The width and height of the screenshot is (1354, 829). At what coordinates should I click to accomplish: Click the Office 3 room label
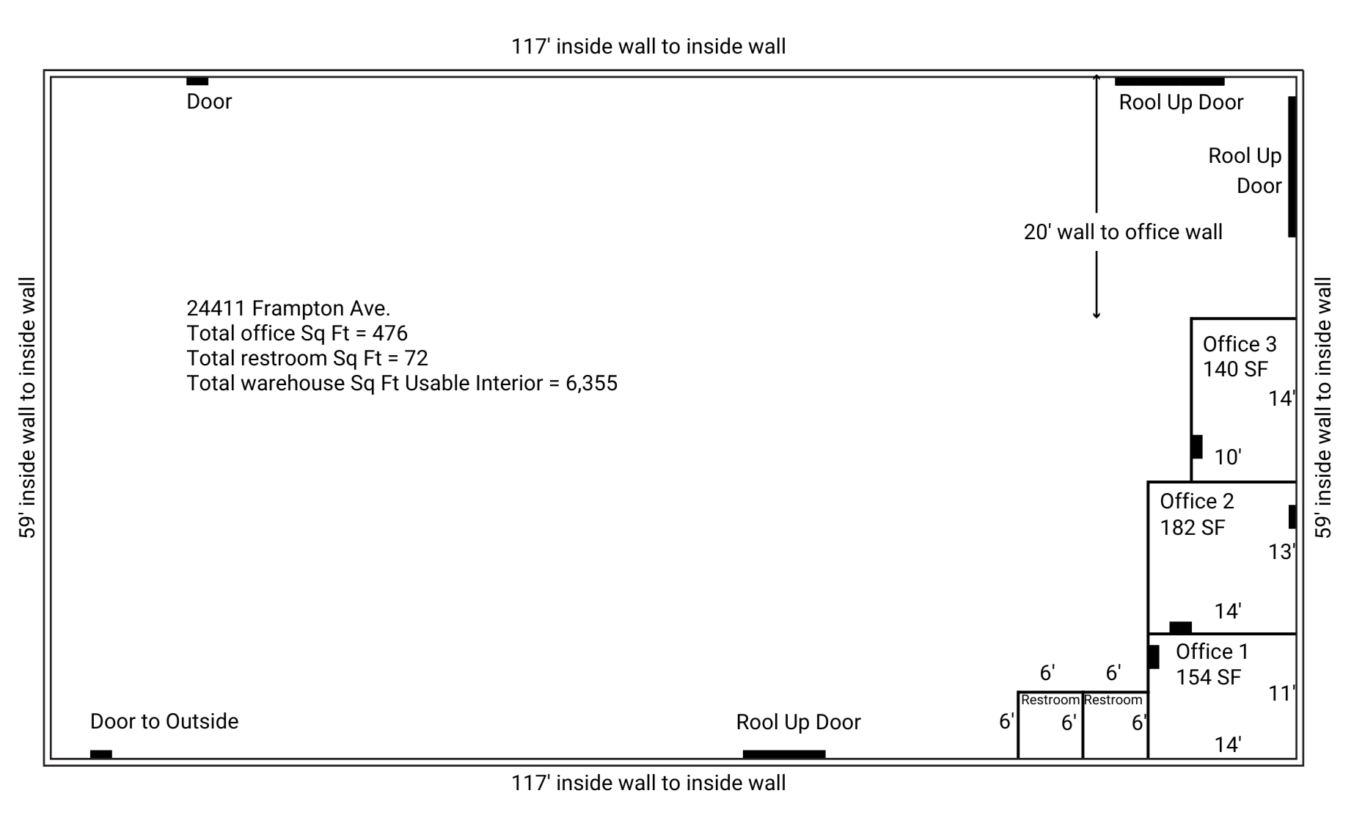(x=1239, y=344)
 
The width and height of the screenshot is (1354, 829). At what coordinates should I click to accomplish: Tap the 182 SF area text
(x=1192, y=527)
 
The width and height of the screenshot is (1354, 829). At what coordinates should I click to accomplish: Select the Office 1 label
(x=1212, y=651)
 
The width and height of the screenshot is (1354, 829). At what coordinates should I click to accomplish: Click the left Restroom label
(x=1050, y=700)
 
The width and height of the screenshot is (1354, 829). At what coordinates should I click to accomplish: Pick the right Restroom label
(x=1113, y=700)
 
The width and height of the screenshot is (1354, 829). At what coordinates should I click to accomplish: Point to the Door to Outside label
(x=164, y=721)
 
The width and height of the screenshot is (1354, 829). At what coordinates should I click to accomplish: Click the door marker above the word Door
(x=197, y=81)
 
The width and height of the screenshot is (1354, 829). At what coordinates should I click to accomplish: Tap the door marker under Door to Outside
(x=101, y=754)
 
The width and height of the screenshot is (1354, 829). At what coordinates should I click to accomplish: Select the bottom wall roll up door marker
(x=783, y=754)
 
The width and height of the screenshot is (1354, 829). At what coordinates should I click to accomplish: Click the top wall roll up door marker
(x=1169, y=81)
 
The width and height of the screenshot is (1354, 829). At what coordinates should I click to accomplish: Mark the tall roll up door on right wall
(x=1292, y=167)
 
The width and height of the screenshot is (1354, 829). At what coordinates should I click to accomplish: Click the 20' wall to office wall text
(x=1123, y=232)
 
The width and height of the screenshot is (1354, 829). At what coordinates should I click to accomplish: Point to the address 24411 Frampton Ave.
(x=288, y=308)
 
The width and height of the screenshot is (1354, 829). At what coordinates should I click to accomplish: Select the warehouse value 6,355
(x=591, y=383)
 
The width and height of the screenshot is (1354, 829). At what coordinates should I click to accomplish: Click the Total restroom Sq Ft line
(x=307, y=358)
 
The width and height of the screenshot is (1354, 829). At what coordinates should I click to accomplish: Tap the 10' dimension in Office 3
(x=1227, y=457)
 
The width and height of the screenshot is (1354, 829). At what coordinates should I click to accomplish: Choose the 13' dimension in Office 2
(x=1281, y=552)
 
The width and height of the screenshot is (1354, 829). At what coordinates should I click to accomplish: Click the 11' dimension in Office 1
(x=1281, y=693)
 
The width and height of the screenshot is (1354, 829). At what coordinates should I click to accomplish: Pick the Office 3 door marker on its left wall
(x=1196, y=446)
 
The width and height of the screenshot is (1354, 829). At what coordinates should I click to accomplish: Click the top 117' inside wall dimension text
(x=648, y=46)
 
